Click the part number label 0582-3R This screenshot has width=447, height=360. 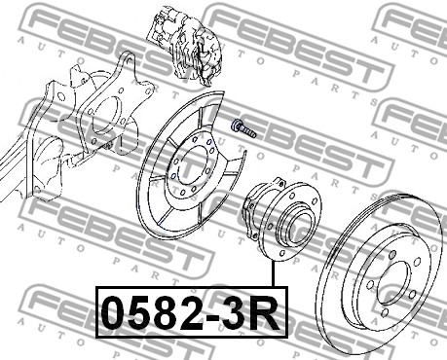point(191,312)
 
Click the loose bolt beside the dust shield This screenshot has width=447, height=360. point(243,128)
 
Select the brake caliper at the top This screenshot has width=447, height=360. point(184,46)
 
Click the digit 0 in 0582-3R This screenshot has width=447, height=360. point(113,313)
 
